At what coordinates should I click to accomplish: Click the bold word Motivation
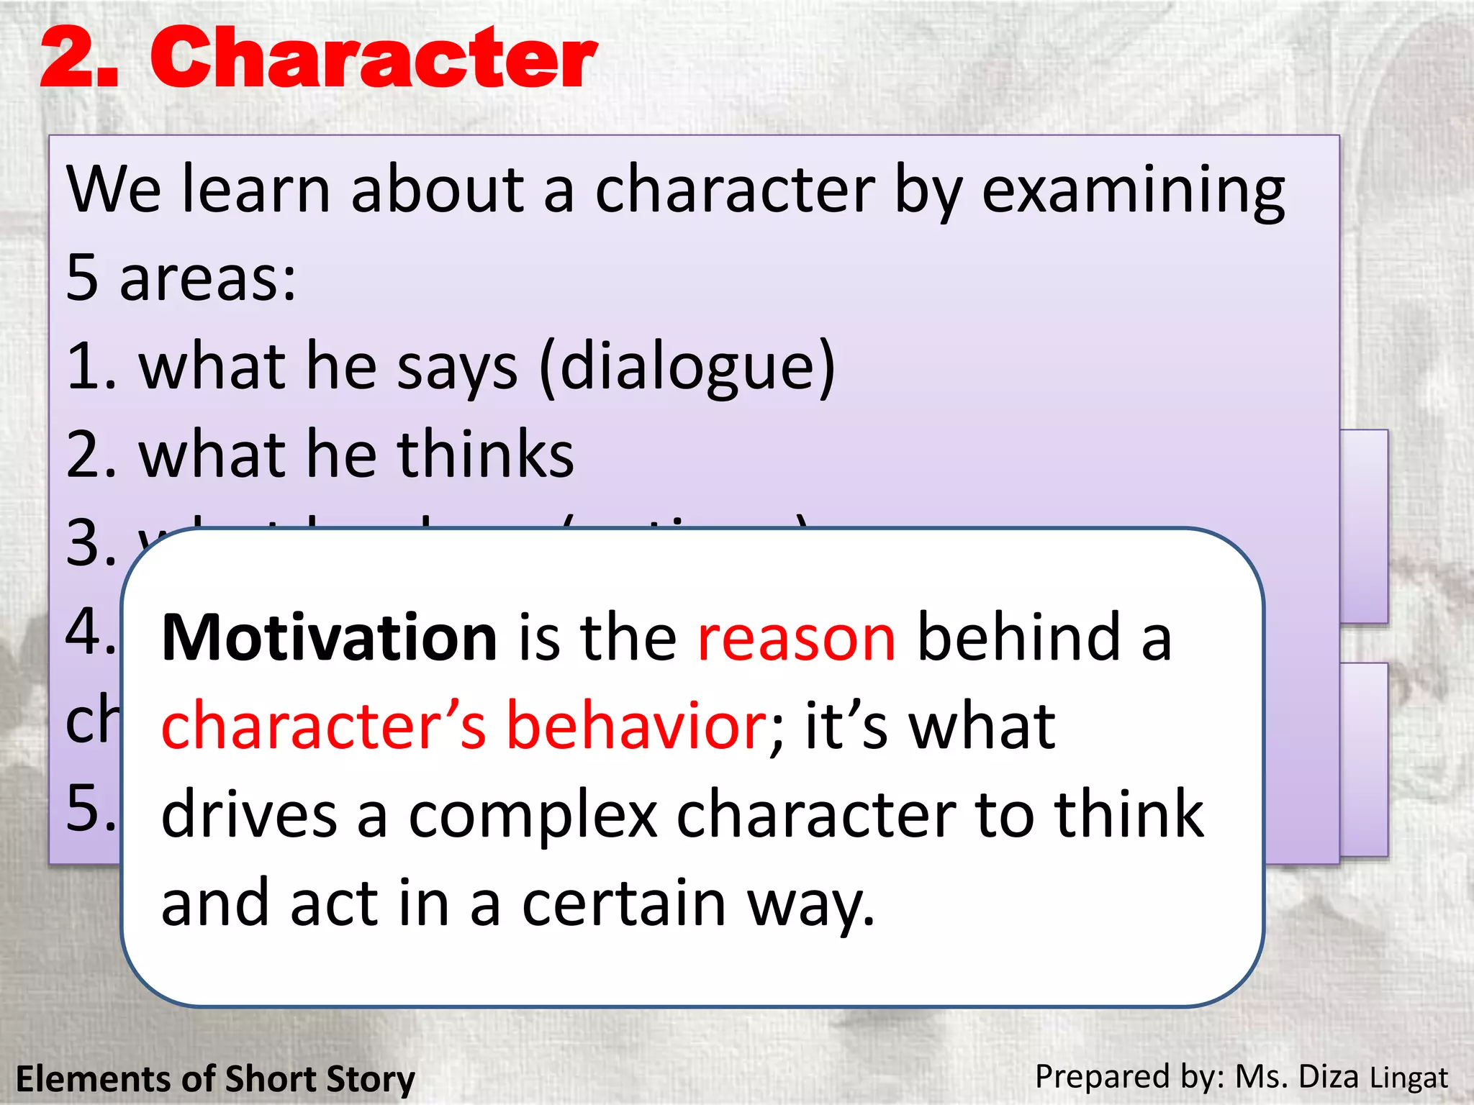(x=330, y=637)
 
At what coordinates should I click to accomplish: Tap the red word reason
(x=797, y=637)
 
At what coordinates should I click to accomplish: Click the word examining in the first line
(x=1133, y=191)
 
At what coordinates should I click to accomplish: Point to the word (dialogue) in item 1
(x=687, y=367)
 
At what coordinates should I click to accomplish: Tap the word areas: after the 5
(x=208, y=279)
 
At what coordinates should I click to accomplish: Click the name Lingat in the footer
(x=1409, y=1078)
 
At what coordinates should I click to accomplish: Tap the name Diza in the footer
(x=1329, y=1077)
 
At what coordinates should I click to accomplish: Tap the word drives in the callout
(x=249, y=815)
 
